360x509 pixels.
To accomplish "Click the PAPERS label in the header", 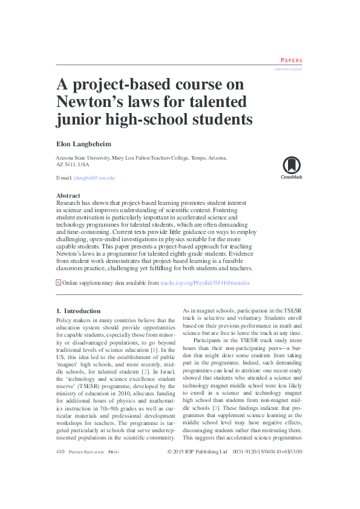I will pyautogui.click(x=291, y=61).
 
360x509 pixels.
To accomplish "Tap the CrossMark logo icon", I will pyautogui.click(x=291, y=166).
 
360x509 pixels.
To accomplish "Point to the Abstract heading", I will pyautogui.click(x=68, y=196).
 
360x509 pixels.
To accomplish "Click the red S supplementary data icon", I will pyautogui.click(x=58, y=282).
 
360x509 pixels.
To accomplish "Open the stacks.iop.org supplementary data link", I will pyautogui.click(x=205, y=283).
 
